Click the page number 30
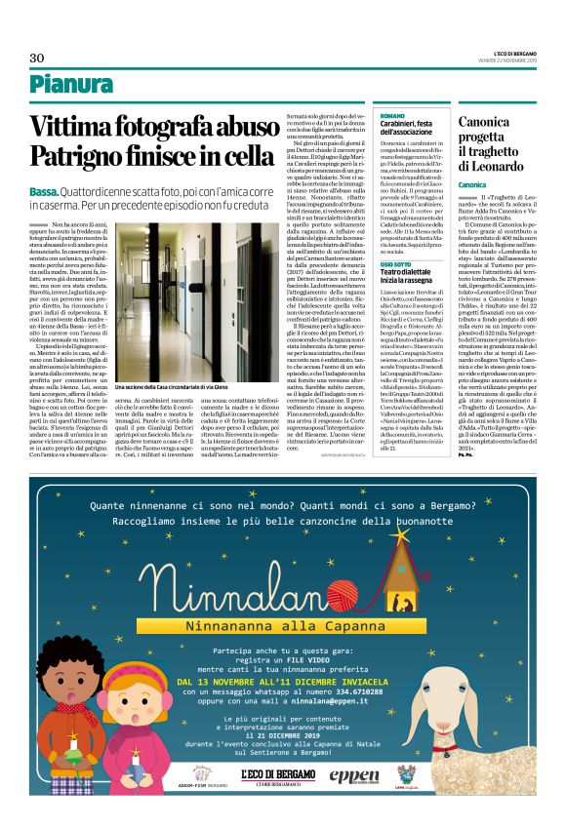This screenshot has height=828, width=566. pos(37,58)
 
